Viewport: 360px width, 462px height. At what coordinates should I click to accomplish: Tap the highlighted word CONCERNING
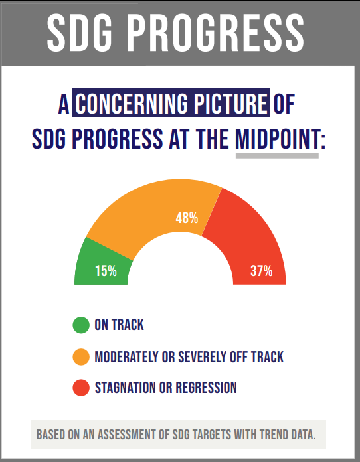(132, 104)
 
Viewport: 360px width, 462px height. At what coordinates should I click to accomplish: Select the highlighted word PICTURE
(231, 104)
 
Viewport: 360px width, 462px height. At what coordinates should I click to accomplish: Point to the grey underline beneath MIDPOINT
(277, 156)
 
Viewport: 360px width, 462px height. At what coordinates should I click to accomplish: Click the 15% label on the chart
(106, 271)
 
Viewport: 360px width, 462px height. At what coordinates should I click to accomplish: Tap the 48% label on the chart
(187, 218)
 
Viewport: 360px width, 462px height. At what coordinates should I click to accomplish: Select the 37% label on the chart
(261, 271)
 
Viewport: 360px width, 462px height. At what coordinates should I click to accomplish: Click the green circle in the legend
(80, 325)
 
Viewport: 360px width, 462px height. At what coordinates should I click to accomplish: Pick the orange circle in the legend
(80, 357)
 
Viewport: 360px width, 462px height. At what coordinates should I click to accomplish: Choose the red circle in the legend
(80, 388)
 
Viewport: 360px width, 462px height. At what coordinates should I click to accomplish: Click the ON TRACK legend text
(119, 325)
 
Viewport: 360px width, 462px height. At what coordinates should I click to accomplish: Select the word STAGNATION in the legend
(127, 388)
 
